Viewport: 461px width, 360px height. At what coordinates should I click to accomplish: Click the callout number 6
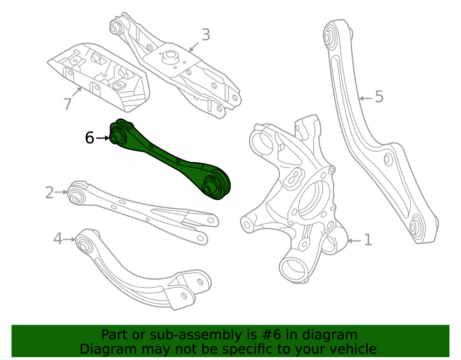(x=89, y=137)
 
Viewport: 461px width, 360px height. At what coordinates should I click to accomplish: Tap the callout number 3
(x=206, y=35)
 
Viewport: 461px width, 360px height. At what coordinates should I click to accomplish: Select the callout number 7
(x=67, y=104)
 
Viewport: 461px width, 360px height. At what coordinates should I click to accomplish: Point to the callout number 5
(x=379, y=97)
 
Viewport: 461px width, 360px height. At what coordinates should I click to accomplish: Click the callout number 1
(x=368, y=240)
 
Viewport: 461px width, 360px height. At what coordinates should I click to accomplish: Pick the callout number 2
(x=49, y=193)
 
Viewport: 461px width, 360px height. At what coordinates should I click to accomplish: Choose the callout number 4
(x=58, y=238)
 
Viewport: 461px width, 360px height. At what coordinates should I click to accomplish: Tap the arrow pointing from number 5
(x=366, y=98)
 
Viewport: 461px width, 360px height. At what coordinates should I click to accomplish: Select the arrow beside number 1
(x=354, y=241)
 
